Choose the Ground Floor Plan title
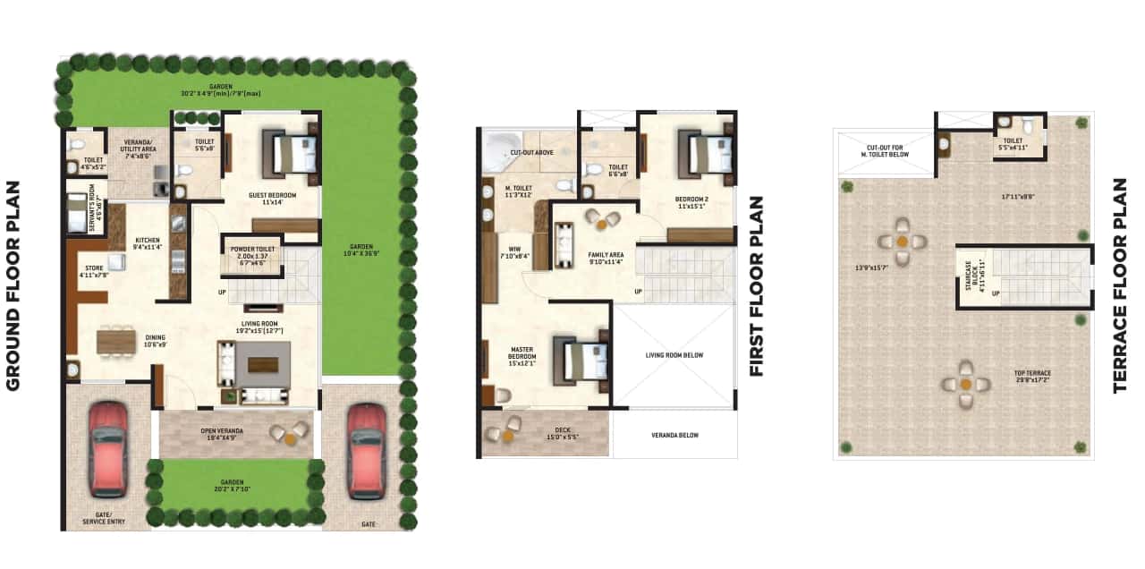(14, 286)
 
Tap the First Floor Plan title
(757, 286)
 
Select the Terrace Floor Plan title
(1120, 286)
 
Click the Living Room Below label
(674, 355)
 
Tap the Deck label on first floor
(562, 434)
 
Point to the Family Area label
(606, 259)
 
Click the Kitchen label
(147, 243)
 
